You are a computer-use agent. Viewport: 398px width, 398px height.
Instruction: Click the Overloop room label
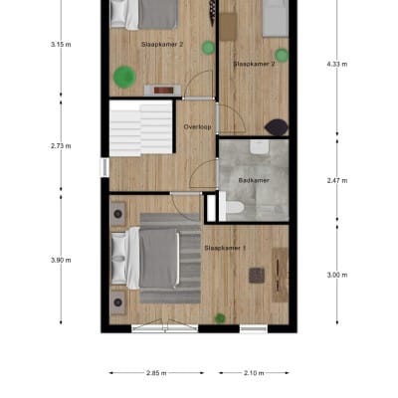tap(197, 126)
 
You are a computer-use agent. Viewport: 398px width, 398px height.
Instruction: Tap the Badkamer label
tap(254, 180)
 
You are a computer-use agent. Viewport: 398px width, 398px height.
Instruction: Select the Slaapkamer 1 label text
tap(225, 247)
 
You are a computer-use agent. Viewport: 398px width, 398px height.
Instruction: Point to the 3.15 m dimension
tap(61, 44)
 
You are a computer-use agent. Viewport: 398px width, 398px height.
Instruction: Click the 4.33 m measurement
tap(337, 64)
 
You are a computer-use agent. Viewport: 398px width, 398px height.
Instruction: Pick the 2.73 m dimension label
tap(61, 145)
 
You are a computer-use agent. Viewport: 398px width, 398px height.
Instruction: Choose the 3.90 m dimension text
tap(61, 260)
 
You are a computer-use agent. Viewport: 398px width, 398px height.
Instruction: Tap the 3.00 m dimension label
tap(337, 275)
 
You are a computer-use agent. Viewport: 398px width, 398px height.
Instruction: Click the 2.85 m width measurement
tap(155, 373)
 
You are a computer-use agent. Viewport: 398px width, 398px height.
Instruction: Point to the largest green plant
tap(123, 75)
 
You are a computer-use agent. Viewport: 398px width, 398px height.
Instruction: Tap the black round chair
tap(277, 126)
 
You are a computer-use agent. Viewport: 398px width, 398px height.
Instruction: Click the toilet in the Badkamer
tap(235, 207)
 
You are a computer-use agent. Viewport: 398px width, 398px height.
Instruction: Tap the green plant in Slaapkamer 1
tap(219, 318)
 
